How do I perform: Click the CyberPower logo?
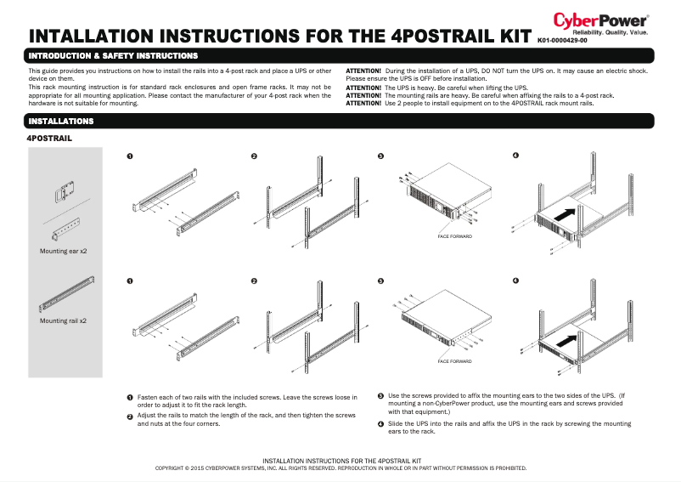601,20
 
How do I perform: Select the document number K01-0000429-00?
562,40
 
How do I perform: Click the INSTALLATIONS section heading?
61,122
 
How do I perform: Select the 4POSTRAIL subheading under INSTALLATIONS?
50,137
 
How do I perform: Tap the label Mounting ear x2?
64,252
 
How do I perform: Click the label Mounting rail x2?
64,321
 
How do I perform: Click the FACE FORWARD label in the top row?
454,235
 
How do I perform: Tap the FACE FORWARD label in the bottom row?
454,361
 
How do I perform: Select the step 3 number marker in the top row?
380,156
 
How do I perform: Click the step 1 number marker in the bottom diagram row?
129,281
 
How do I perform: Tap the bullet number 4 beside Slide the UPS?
380,423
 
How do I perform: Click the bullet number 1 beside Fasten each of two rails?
129,397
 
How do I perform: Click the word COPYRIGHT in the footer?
173,468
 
